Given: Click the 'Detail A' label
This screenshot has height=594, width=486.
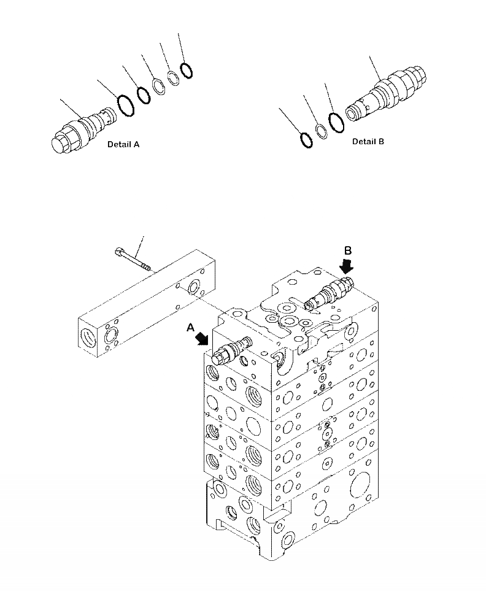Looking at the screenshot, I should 123,145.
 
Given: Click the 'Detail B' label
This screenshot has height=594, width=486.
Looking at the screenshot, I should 368,142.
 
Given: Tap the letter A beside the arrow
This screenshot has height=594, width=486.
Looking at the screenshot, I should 191,329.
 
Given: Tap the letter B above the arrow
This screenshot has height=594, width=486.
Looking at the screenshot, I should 347,250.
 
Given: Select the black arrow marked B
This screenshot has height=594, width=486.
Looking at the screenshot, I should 347,266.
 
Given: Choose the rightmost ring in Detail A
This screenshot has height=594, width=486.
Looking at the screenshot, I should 187,69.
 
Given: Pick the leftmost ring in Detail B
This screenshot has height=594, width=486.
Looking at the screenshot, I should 306,140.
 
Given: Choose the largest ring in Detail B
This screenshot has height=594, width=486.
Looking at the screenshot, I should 336,122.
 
